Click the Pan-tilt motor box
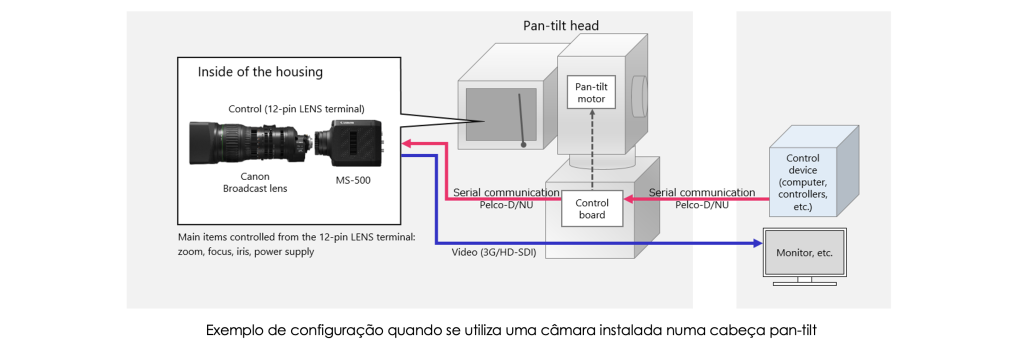point(591,93)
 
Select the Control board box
point(593,208)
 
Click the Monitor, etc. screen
point(804,252)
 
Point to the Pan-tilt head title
point(561,25)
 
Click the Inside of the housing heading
point(260,72)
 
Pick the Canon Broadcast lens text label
point(255,182)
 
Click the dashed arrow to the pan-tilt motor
point(592,151)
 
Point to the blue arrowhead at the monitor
point(758,244)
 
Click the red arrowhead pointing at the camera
point(406,143)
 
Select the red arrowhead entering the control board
point(629,199)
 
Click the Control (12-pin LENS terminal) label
point(296,108)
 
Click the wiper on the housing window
point(522,120)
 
